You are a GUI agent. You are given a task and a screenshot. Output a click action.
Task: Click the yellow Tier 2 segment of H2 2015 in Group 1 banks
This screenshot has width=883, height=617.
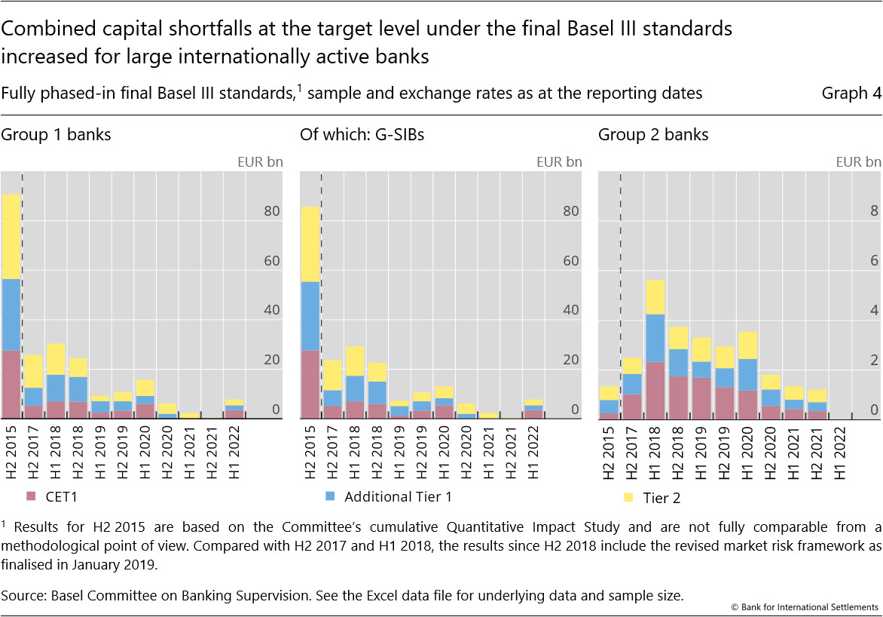11,236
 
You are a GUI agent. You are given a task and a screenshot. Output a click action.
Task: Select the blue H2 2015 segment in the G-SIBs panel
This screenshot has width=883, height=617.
310,316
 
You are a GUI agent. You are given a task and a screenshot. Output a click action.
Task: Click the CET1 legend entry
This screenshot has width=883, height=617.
50,497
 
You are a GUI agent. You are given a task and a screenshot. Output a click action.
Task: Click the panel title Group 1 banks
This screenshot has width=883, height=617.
56,135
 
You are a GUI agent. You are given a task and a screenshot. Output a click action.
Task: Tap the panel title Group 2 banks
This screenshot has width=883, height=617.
653,135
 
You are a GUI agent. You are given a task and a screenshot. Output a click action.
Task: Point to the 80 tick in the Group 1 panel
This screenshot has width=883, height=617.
271,211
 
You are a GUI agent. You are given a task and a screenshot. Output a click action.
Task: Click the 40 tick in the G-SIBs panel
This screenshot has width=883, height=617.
570,310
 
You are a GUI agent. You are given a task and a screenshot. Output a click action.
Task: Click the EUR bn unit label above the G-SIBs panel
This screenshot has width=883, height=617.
559,161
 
